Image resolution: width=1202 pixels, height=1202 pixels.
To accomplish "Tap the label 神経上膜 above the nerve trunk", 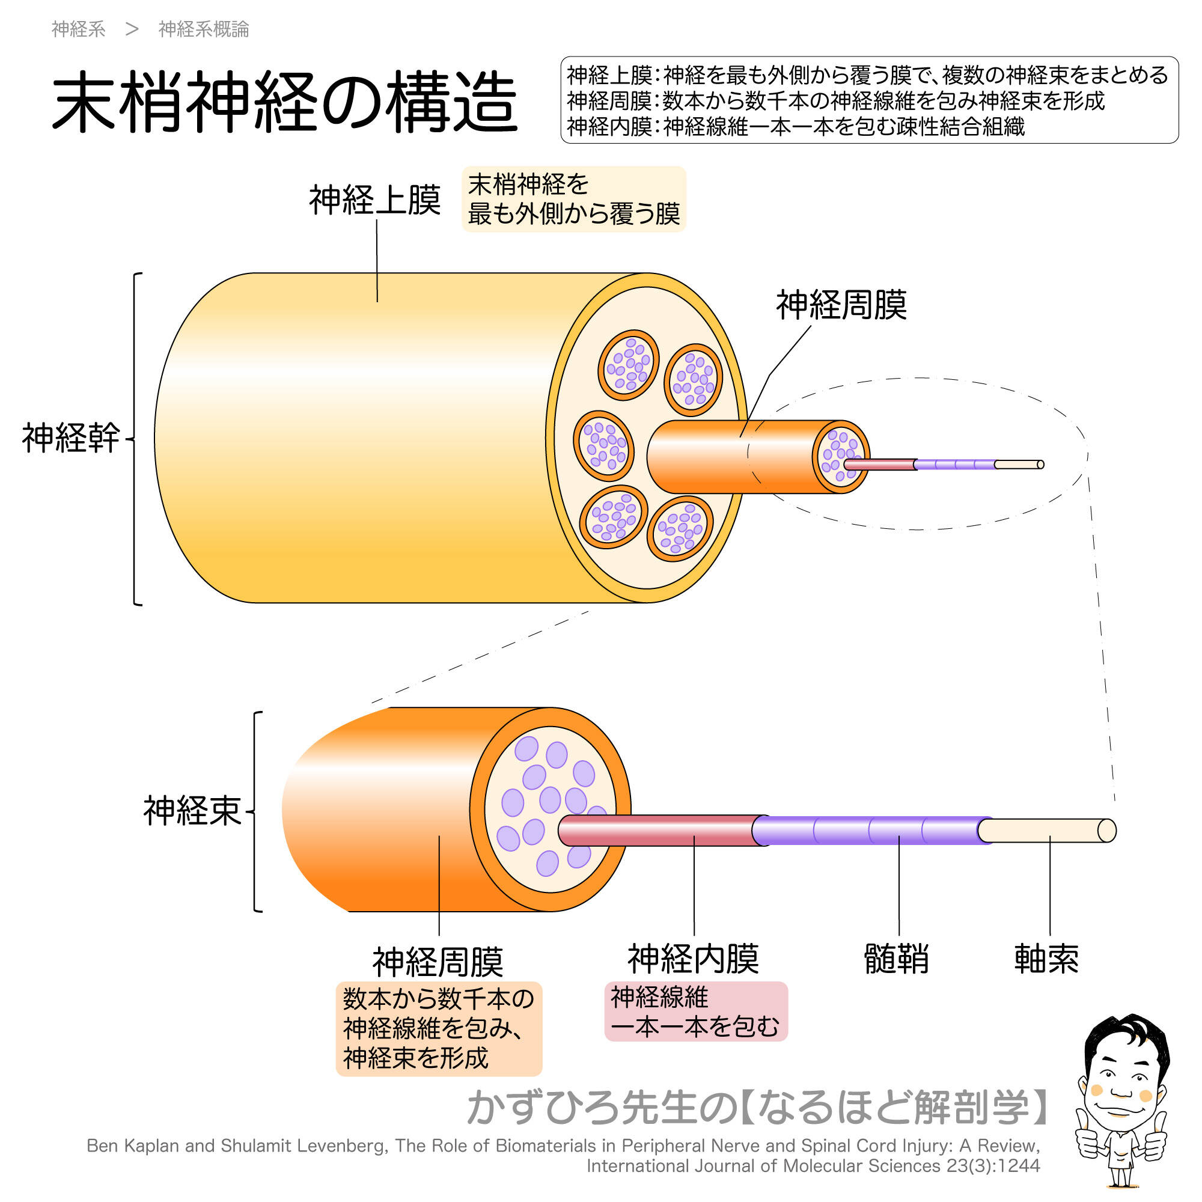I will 374,200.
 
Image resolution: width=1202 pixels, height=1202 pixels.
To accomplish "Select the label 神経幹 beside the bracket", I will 71,438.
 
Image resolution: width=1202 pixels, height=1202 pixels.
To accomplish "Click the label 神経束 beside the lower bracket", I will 192,811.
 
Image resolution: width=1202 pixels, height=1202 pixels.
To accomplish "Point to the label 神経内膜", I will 693,959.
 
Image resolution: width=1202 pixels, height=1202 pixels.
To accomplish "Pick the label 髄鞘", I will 897,959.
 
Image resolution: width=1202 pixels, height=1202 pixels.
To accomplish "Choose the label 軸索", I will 1046,959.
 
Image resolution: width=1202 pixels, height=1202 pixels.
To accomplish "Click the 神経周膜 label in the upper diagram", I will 841,305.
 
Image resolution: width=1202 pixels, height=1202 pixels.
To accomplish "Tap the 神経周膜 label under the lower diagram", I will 438,962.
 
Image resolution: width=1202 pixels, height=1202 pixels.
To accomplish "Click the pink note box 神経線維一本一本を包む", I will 695,1011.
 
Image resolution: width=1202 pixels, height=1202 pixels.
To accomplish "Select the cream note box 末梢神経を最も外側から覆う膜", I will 573,199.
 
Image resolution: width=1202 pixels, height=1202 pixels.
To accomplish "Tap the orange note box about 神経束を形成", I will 438,1028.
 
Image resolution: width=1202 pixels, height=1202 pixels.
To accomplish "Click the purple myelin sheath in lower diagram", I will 871,831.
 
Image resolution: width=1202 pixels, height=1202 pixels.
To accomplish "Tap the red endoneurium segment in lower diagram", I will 659,831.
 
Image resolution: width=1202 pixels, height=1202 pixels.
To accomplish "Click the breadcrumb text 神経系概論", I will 204,29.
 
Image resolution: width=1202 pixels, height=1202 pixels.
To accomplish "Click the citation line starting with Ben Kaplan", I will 563,1146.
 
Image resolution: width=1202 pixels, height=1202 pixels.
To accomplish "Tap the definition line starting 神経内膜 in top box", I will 795,127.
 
